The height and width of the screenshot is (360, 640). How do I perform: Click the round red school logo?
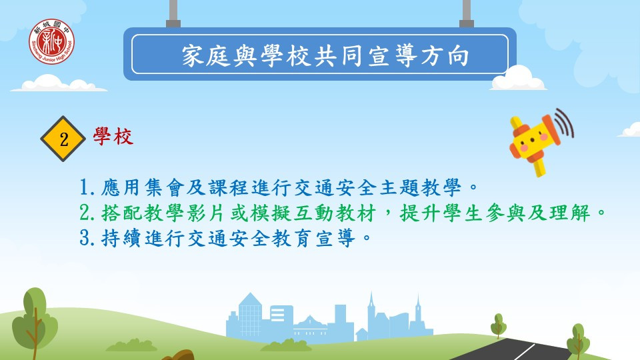coord(51,41)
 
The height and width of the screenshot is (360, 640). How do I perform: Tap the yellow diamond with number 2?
coord(63,139)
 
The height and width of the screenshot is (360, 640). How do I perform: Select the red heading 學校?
coord(113,136)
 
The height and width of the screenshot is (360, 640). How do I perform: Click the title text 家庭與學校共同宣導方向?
coord(325,55)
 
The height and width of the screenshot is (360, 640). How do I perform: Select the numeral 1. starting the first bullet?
coord(87,188)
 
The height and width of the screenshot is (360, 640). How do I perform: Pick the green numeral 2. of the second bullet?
coord(87,213)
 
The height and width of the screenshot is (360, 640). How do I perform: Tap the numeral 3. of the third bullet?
coord(87,238)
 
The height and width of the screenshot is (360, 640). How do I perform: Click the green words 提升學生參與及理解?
coord(495,213)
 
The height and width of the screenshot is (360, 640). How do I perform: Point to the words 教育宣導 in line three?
coord(313,238)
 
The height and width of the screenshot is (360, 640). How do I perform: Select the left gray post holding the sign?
coord(173,13)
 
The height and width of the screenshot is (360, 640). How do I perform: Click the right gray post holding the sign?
coord(467,13)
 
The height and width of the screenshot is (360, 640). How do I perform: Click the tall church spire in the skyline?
coord(371,314)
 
